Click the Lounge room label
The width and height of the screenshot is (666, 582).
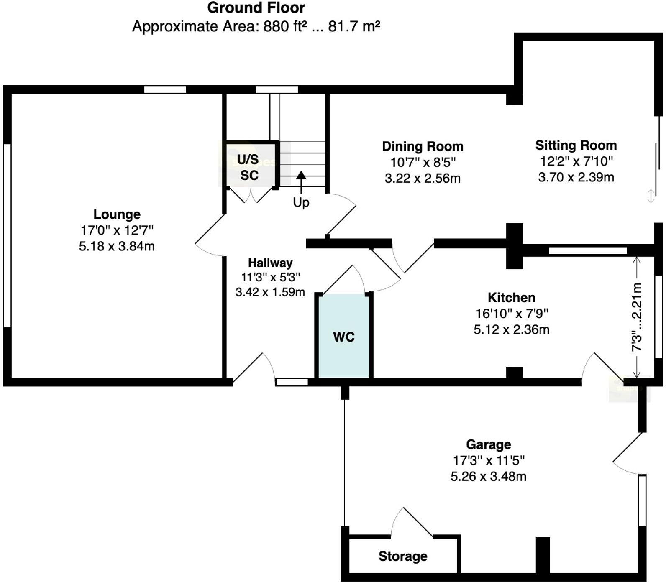coord(117,214)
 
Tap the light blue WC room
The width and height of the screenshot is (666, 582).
coord(344,337)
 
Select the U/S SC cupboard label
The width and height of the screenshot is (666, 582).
coord(248,167)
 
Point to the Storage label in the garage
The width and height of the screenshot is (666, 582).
coord(403,556)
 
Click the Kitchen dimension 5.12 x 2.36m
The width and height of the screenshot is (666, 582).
coord(511,329)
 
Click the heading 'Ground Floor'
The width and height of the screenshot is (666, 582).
coord(256,8)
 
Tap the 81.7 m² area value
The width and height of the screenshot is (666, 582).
coord(354,26)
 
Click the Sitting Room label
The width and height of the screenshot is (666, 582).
coord(576,145)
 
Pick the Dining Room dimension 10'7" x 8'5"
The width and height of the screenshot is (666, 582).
coord(423,162)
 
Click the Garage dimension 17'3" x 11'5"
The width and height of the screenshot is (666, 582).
coord(489,460)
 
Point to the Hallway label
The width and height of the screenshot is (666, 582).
coord(270,263)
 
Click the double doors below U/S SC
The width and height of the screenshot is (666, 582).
coord(250,196)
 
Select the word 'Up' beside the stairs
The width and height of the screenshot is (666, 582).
coord(301,202)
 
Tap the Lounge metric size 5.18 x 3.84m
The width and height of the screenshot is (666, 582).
coord(117,246)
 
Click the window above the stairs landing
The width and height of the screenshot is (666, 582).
coord(277,89)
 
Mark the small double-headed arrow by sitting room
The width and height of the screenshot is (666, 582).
coord(651,196)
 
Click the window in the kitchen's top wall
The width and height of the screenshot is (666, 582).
coord(588,250)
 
